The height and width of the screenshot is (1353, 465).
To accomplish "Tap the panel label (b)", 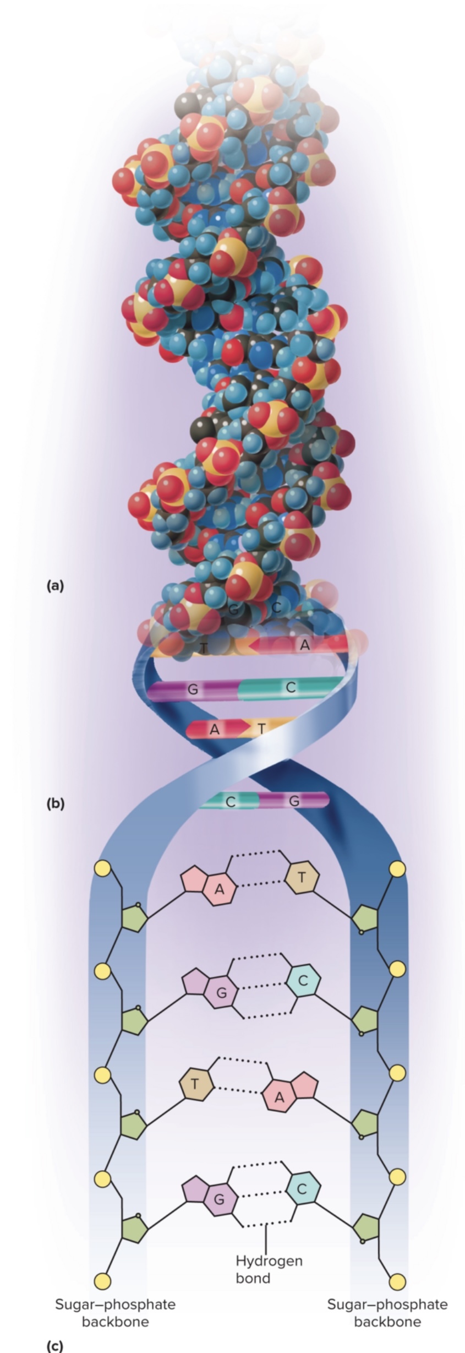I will pyautogui.click(x=55, y=803).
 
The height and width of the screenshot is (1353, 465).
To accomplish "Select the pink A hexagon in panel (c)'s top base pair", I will pyautogui.click(x=220, y=888).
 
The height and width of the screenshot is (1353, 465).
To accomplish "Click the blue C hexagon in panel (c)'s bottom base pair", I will pyautogui.click(x=302, y=1189).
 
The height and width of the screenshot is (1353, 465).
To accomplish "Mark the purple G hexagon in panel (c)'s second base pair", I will pyautogui.click(x=221, y=992).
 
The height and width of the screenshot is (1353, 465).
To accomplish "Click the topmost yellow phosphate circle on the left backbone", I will pyautogui.click(x=102, y=868).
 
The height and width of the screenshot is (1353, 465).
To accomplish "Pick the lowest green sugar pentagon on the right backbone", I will pyautogui.click(x=365, y=1227).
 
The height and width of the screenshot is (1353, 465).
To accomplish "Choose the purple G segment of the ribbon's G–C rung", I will pyautogui.click(x=193, y=689).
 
